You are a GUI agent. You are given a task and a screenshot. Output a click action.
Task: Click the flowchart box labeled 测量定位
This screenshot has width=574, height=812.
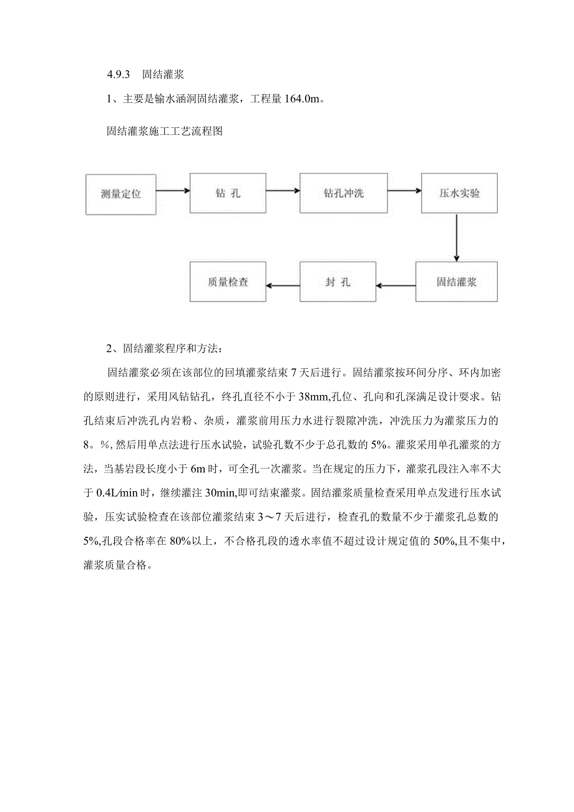[121, 193]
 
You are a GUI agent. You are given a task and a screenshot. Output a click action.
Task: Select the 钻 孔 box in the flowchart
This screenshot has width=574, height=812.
[228, 193]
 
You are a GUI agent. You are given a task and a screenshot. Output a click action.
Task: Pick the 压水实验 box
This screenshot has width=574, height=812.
[459, 193]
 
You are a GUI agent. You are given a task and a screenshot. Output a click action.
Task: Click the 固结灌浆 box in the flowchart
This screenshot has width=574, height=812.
[457, 282]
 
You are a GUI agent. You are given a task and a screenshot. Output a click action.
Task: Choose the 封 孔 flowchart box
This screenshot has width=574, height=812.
[338, 282]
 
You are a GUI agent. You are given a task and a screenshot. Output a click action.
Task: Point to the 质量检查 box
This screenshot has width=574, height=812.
[228, 282]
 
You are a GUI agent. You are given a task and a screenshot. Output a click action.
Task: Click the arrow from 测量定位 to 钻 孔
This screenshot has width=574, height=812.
[173, 191]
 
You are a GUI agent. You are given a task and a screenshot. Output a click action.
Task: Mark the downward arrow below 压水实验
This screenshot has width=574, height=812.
[457, 238]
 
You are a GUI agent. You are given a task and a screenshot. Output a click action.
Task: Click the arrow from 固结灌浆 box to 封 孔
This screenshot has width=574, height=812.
[396, 286]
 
